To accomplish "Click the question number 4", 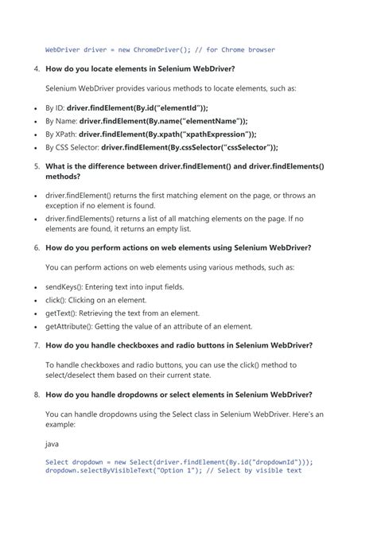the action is click(x=37, y=69).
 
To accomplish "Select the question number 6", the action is click(x=37, y=247).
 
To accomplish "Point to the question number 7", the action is click(x=37, y=345).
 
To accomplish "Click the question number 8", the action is click(x=37, y=395).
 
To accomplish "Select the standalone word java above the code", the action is click(x=52, y=447).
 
